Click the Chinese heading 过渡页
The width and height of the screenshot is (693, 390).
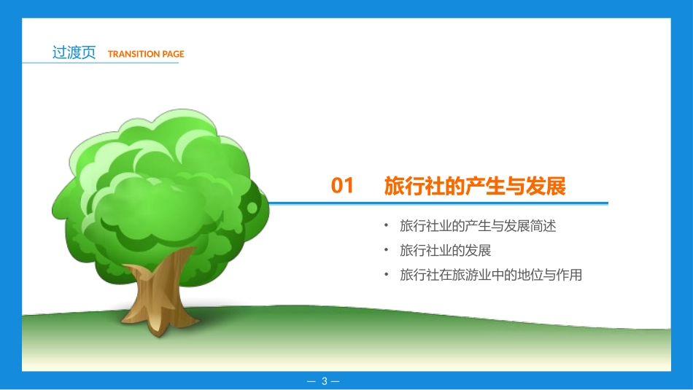[x=74, y=53]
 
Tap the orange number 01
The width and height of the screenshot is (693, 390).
[x=342, y=187]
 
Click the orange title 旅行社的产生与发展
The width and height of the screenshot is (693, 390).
[x=475, y=187]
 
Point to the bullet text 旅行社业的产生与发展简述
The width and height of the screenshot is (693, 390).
[x=478, y=226]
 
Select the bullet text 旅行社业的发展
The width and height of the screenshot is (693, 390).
[x=445, y=251]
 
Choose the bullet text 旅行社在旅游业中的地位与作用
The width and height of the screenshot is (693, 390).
[x=491, y=276]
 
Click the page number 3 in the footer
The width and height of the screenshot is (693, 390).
[x=325, y=381]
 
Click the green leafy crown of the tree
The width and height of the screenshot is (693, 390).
[x=160, y=182]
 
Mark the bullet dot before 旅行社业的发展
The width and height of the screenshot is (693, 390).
[x=386, y=251]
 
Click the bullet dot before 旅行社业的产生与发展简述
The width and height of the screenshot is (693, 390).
[x=386, y=226]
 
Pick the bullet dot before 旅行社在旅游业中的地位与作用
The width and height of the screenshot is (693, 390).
[x=386, y=276]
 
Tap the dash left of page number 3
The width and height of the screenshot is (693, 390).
[x=311, y=381]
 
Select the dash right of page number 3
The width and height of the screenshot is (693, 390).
[x=336, y=381]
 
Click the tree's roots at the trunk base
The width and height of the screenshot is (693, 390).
[x=157, y=321]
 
